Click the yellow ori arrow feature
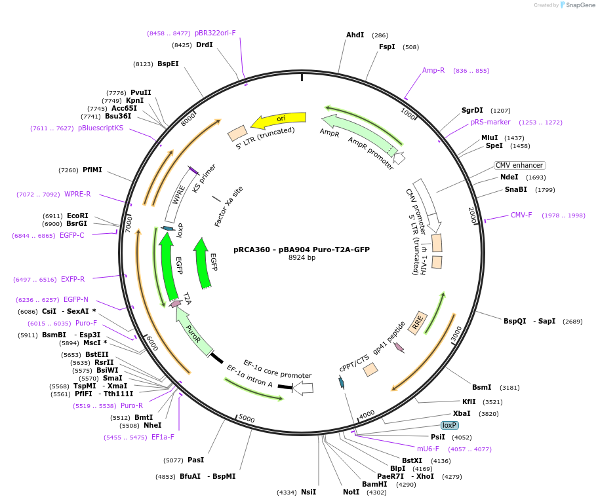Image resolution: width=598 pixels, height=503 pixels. [279, 120]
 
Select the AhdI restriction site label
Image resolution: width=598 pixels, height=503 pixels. [355, 35]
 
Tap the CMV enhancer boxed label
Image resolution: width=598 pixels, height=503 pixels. [519, 165]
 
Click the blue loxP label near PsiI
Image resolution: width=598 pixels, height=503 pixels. [450, 425]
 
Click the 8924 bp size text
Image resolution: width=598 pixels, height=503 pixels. [302, 257]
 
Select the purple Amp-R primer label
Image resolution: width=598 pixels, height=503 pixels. [433, 70]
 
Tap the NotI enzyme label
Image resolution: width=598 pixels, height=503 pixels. [351, 492]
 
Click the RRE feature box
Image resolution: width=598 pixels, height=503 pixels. [418, 322]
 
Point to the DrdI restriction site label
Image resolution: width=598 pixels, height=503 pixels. [205, 45]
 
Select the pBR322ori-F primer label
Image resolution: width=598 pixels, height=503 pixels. [215, 33]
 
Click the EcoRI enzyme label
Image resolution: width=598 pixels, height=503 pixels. [77, 215]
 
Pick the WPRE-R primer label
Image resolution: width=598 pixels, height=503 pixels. [77, 194]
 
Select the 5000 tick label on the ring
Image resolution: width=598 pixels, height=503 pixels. [246, 418]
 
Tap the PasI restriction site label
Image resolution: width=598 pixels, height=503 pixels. [196, 460]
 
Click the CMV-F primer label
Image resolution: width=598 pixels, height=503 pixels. [521, 215]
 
